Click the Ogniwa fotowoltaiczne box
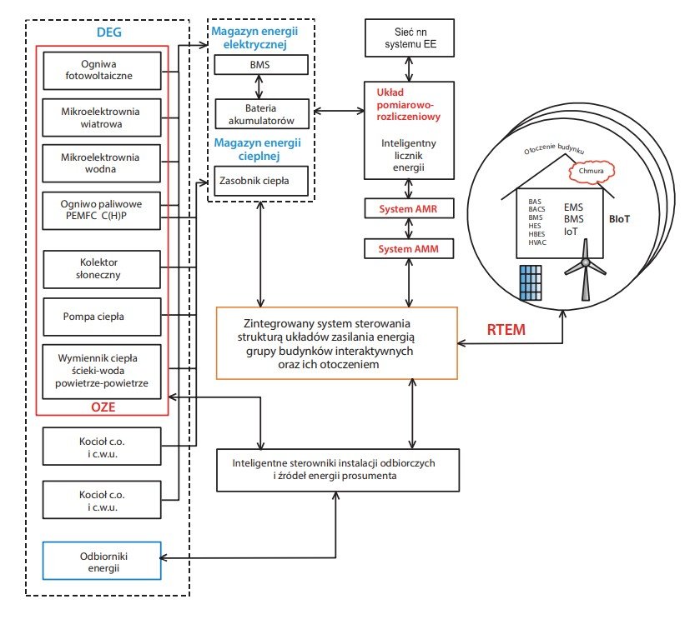(103, 71)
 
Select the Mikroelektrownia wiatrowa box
(102, 117)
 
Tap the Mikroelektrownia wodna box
(101, 163)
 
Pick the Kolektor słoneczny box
(102, 269)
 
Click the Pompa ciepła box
(102, 317)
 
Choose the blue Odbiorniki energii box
(102, 561)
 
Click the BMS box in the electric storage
(261, 65)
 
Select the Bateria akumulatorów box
(262, 114)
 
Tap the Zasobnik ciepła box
(261, 181)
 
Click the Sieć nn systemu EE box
(410, 37)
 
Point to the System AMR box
(409, 208)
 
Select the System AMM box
(409, 249)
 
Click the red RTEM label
(506, 330)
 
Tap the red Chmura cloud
(592, 172)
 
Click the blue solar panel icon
(531, 283)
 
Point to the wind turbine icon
(585, 270)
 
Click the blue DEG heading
(109, 32)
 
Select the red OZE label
(103, 407)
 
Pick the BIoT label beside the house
(620, 219)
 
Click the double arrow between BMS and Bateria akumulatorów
(259, 87)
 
